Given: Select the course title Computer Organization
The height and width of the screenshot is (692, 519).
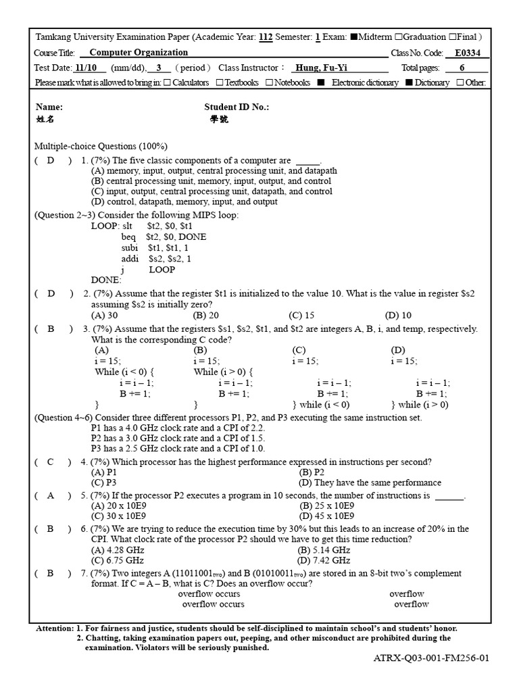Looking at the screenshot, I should (x=139, y=52).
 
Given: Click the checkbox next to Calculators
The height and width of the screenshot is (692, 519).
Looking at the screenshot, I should (x=167, y=82).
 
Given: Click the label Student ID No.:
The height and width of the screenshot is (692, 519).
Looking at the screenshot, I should (x=237, y=107).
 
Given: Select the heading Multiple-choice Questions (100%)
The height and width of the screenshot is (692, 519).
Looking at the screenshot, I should (x=101, y=146).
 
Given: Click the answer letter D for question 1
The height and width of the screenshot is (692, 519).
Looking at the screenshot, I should (x=51, y=161).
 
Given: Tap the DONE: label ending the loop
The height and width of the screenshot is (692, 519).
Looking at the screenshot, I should (x=106, y=280).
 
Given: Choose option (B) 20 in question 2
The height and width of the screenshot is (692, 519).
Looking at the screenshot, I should (x=205, y=315).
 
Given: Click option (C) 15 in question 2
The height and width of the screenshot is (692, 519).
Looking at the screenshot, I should (x=301, y=315).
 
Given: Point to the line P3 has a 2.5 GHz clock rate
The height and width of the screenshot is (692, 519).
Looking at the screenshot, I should (x=178, y=448).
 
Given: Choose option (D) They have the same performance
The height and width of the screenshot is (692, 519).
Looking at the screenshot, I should (x=370, y=483).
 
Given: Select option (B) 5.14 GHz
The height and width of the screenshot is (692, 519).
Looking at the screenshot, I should (x=324, y=550).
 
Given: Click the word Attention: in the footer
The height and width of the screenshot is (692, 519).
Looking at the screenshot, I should (x=55, y=628).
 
